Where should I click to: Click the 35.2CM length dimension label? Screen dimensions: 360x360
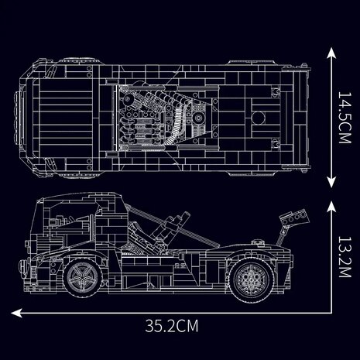[172, 326]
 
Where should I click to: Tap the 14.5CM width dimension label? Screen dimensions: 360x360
[345, 118]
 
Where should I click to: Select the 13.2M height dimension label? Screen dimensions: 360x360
[345, 257]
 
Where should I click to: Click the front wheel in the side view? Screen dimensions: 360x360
[83, 277]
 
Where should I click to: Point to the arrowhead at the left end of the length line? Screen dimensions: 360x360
[16, 313]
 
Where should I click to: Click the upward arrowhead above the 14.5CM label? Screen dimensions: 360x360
[331, 53]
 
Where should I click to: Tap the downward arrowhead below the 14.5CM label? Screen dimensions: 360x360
[331, 182]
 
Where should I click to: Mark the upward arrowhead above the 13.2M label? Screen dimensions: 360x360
[331, 207]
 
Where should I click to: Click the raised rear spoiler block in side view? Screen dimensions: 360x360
[294, 218]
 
